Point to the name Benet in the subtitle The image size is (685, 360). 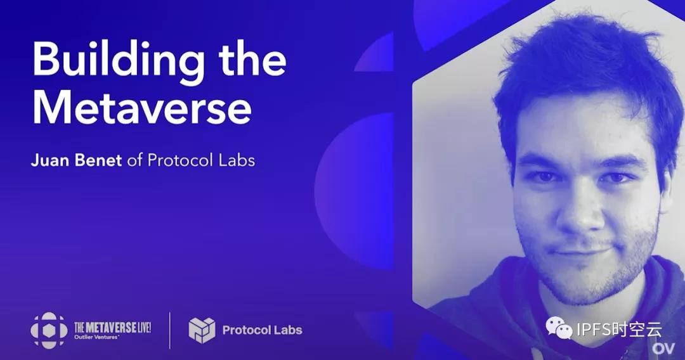coord(98,160)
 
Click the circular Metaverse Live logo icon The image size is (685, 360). coord(49,330)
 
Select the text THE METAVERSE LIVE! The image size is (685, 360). coord(113,328)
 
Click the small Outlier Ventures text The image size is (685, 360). coord(97,337)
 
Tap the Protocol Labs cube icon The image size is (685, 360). coord(202,330)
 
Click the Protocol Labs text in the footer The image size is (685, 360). coord(262,330)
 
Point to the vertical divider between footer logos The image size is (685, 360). coord(170,330)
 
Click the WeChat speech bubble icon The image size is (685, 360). coord(559,328)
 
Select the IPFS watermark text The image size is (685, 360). coord(593,329)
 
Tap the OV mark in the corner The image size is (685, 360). coord(663,349)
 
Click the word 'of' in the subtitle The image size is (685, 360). coord(134,160)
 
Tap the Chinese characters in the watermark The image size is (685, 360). coord(636,329)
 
